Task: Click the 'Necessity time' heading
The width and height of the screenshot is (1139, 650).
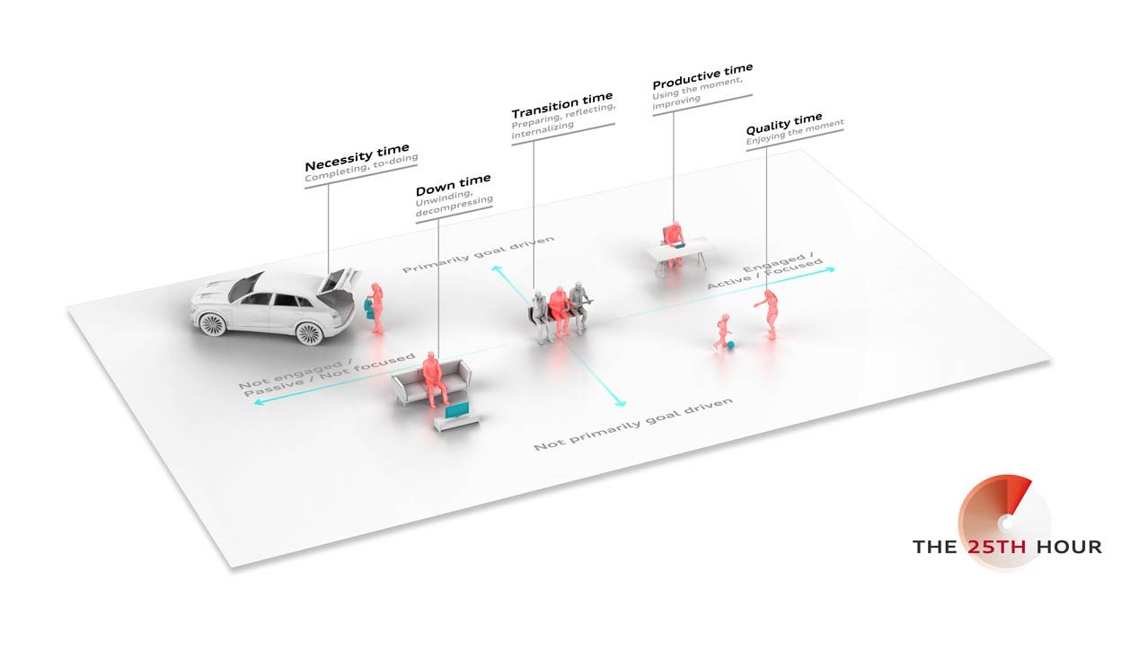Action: (x=357, y=156)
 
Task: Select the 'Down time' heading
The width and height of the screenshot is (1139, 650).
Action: (x=453, y=184)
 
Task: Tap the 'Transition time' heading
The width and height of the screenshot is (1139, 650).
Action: (x=562, y=105)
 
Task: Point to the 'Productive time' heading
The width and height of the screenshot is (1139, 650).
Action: (x=702, y=75)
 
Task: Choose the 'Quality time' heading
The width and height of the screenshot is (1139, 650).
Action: (x=783, y=124)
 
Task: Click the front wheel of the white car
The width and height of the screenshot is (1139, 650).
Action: (x=212, y=324)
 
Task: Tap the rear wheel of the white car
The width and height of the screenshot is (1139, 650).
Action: (x=309, y=333)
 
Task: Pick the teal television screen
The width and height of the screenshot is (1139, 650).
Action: (x=456, y=409)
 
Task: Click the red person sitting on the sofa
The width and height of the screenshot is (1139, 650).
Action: (x=434, y=379)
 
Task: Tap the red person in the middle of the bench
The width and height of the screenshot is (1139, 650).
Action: (x=560, y=311)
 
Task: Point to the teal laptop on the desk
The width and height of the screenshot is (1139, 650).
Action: (x=679, y=245)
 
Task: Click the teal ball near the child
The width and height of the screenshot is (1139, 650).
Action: (x=730, y=345)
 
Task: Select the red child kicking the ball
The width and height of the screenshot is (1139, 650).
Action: (x=722, y=331)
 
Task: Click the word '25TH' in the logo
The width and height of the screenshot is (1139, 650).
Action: (x=996, y=547)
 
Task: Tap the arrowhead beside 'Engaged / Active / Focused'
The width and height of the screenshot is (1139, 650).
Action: (x=830, y=269)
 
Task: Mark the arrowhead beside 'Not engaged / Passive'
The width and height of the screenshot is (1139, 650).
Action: (x=259, y=402)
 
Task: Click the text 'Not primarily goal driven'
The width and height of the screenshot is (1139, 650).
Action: (x=633, y=424)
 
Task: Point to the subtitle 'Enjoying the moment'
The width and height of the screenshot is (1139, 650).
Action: (x=795, y=132)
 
